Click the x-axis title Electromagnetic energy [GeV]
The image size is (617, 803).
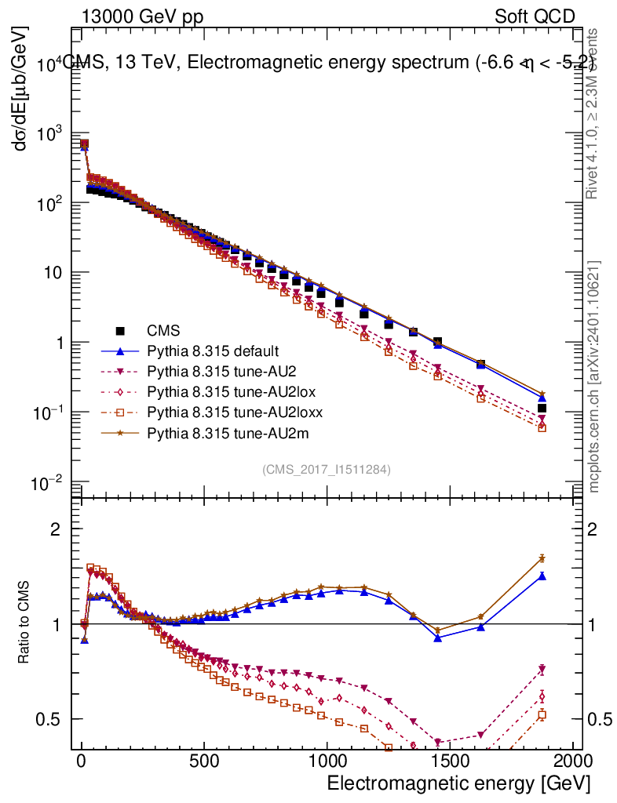click(x=458, y=784)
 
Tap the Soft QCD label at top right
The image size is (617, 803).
click(x=535, y=16)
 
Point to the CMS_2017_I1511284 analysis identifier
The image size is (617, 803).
click(x=327, y=469)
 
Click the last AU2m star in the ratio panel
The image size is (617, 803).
click(x=542, y=558)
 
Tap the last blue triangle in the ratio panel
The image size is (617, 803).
click(x=542, y=576)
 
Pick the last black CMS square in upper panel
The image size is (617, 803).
click(x=542, y=408)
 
